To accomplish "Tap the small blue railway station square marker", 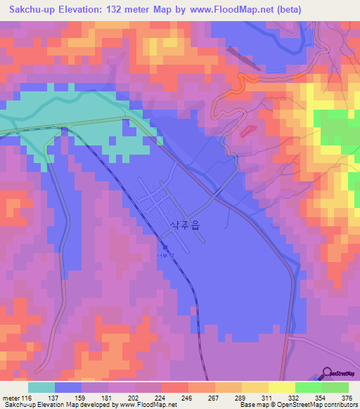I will click(x=165, y=247).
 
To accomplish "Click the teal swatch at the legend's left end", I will click(x=41, y=387).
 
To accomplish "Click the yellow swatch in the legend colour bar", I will click(x=281, y=387).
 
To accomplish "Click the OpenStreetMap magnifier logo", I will click(x=327, y=373).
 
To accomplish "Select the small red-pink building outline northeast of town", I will click(x=245, y=131).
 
